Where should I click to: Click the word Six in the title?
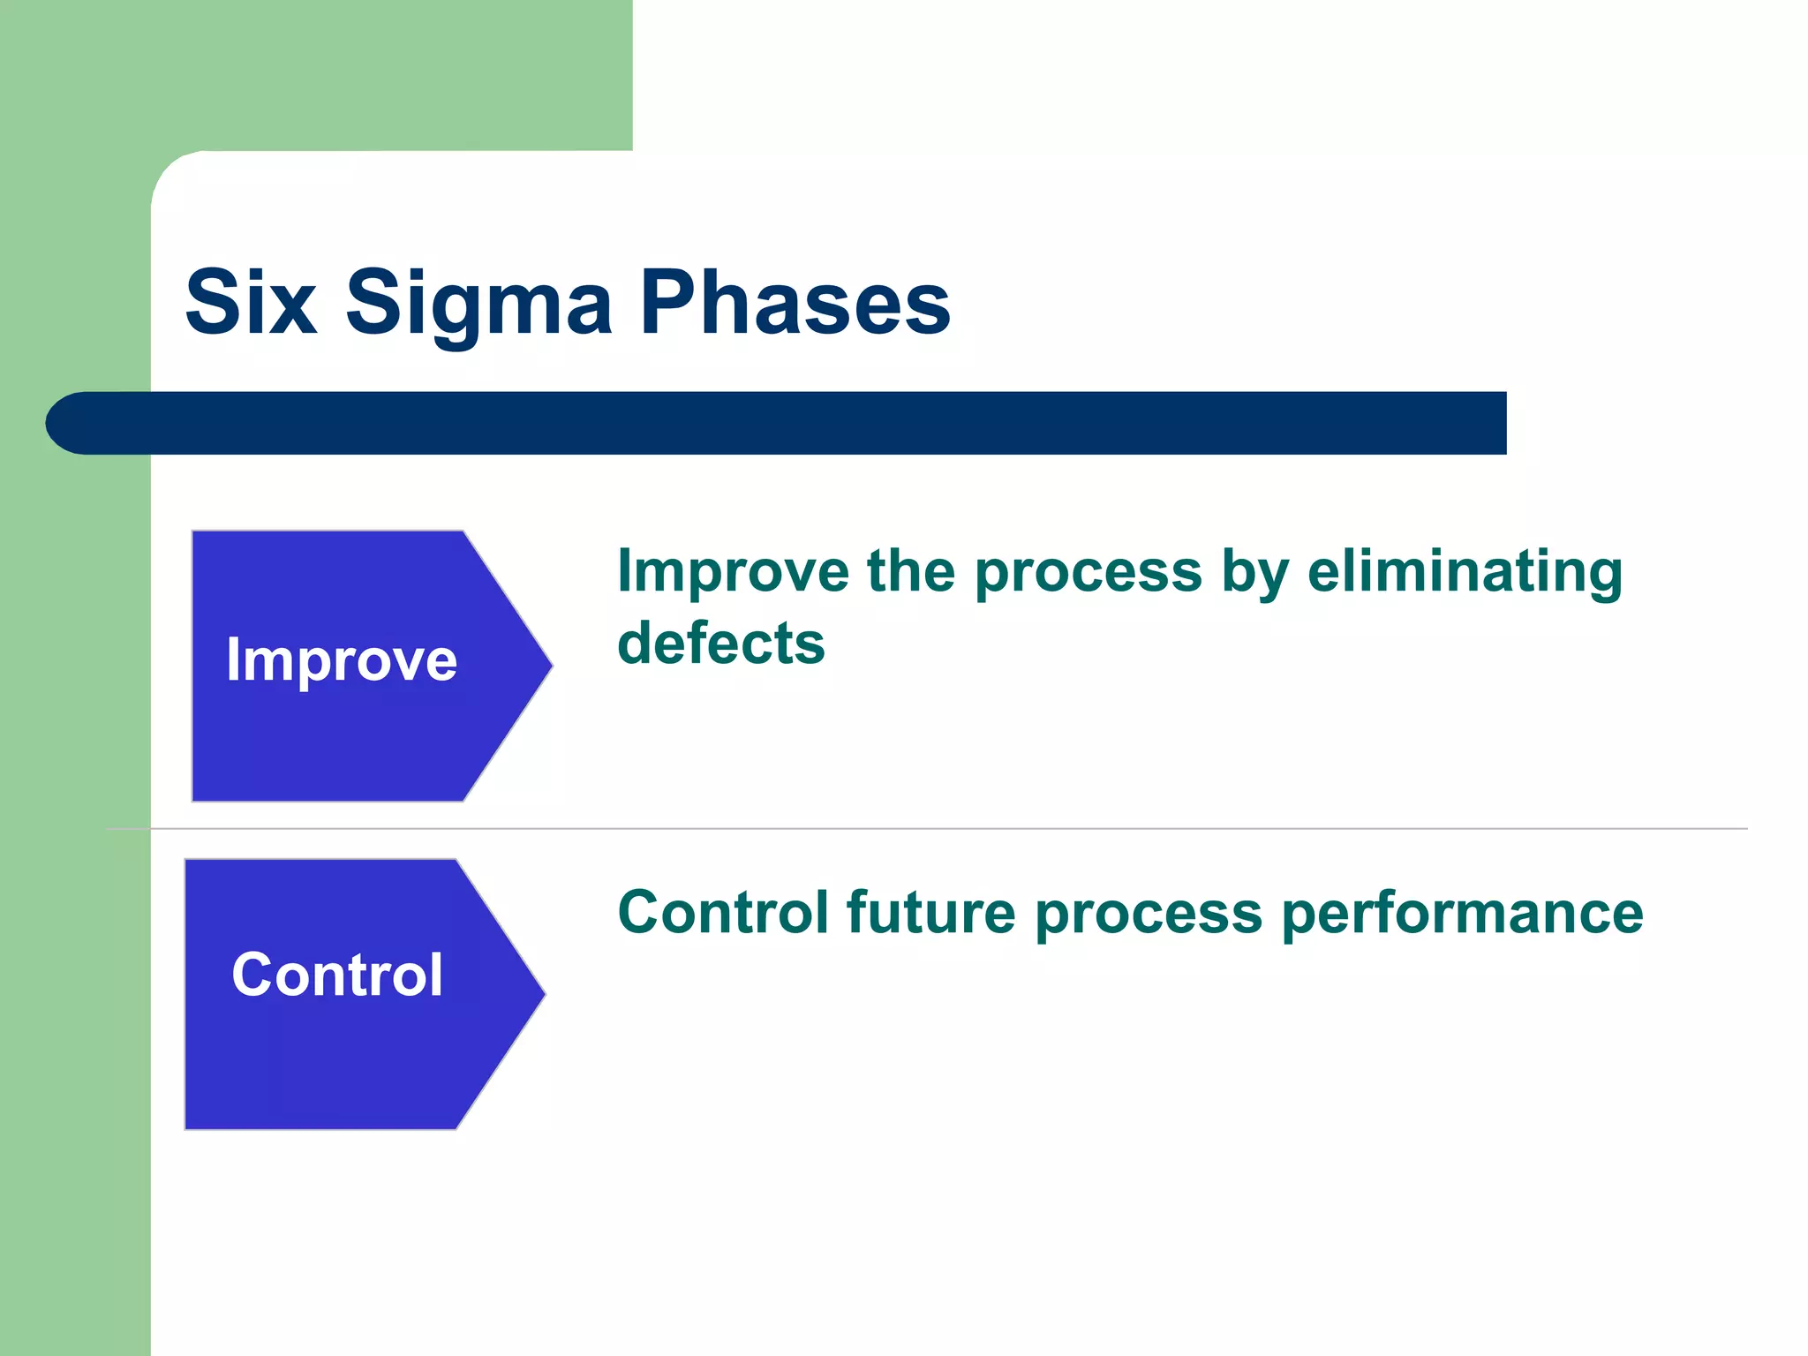point(251,303)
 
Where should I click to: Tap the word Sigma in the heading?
point(478,303)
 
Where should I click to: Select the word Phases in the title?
point(795,303)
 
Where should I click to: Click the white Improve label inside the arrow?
point(342,660)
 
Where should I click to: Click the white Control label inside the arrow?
point(337,975)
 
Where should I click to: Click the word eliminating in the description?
point(1465,571)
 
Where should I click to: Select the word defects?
point(721,643)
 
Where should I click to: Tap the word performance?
point(1462,912)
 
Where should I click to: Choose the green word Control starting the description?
point(723,912)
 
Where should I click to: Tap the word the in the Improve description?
point(911,571)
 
